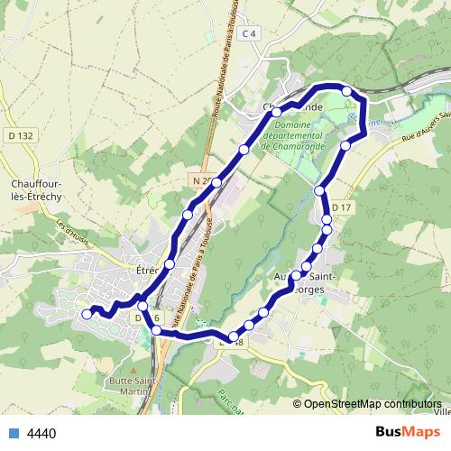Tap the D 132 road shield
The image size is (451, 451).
click(25, 136)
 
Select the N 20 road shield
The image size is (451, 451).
click(201, 180)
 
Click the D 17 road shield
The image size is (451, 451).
click(341, 208)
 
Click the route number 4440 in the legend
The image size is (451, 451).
click(41, 434)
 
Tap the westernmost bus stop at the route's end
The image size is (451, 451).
click(87, 314)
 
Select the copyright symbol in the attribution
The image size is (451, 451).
click(298, 404)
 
